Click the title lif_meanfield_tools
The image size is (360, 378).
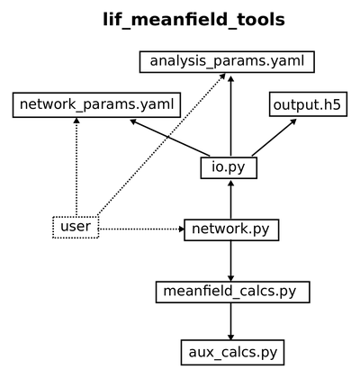(193, 20)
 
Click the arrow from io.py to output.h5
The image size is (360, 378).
(274, 138)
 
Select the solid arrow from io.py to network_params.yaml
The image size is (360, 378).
(170, 138)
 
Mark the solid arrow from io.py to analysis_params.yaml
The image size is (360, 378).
(230, 116)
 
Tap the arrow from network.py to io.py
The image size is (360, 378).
(230, 200)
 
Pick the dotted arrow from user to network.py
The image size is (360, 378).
(141, 229)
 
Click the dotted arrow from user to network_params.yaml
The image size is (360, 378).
(76, 166)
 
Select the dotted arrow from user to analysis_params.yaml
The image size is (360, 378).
(162, 144)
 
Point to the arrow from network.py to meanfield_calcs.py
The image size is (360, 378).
(230, 261)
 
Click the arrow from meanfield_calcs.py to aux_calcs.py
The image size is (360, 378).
(230, 321)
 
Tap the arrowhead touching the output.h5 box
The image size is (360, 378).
(293, 121)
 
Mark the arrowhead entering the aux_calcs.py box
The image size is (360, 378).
(230, 337)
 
